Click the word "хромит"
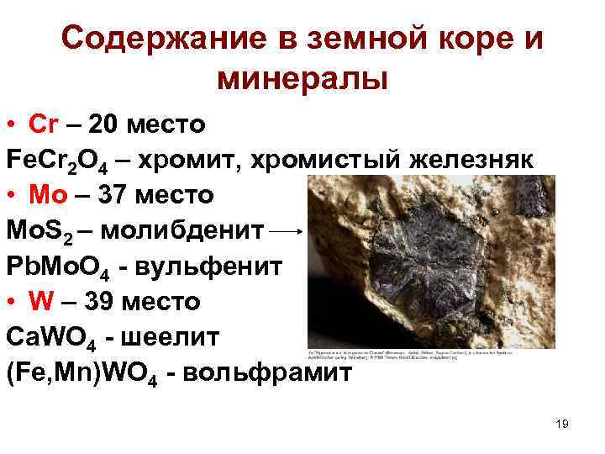(179, 160)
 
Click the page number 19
(562, 424)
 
